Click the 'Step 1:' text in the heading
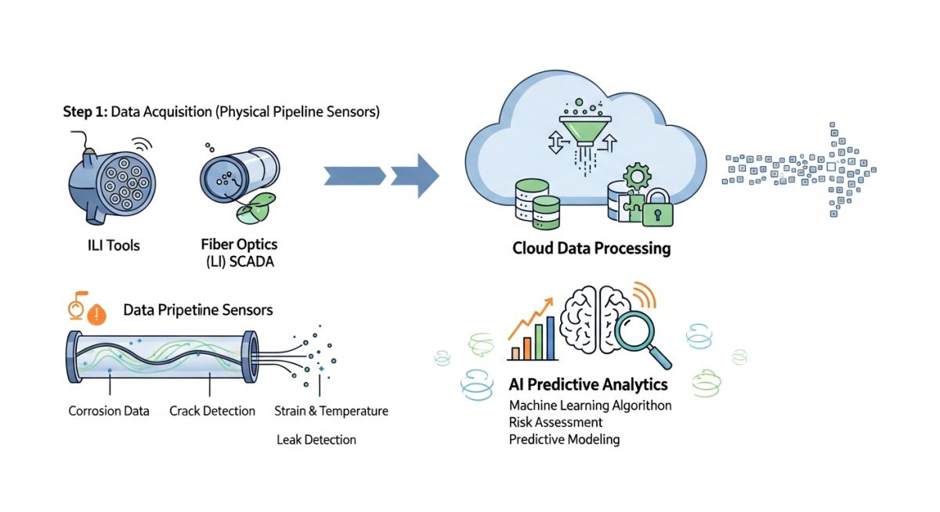point(85,112)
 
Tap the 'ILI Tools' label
point(114,245)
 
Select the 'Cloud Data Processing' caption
point(591,248)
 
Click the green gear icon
point(637,176)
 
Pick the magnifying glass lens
point(634,330)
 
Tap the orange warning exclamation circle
point(97,314)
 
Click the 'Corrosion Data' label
point(109,411)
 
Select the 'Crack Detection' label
point(212,411)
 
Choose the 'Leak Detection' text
point(316,440)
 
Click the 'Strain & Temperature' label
point(331,411)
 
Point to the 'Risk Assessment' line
point(555,422)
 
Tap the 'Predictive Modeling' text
point(565,439)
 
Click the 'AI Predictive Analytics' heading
point(588,384)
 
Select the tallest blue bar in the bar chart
point(551,338)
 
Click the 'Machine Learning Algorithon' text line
point(590,406)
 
